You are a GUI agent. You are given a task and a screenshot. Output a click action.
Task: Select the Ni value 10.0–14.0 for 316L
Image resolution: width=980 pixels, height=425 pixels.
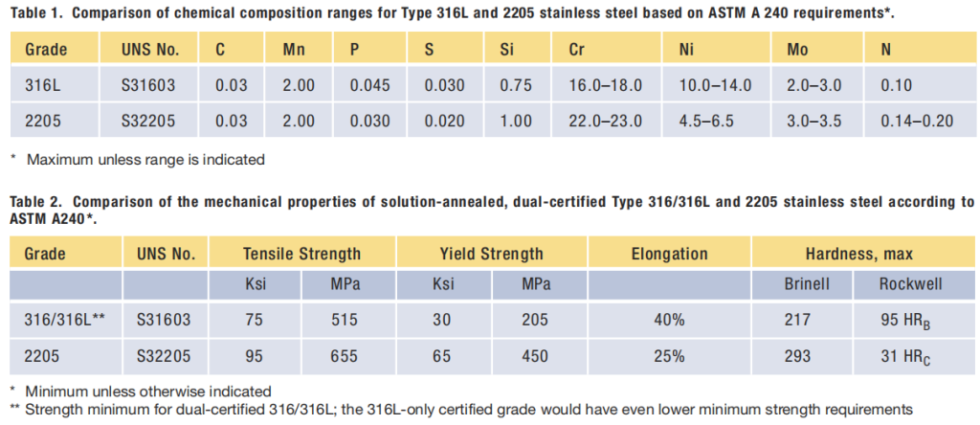715,85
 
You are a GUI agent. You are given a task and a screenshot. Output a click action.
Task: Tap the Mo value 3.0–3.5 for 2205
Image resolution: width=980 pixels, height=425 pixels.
813,122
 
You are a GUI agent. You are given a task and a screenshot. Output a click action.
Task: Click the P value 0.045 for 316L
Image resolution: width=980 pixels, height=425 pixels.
369,85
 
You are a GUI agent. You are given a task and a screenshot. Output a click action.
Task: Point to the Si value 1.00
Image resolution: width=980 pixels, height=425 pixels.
515,122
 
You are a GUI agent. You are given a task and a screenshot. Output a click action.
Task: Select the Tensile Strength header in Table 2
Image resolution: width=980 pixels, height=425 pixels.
301,255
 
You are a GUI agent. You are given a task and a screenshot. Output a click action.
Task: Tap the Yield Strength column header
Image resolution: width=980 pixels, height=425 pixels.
490,255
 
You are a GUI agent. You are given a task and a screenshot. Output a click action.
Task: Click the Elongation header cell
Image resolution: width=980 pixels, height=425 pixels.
669,255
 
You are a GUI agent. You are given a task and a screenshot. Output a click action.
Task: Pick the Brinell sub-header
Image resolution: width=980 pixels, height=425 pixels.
804,285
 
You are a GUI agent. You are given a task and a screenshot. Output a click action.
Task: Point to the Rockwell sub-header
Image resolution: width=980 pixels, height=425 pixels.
911,285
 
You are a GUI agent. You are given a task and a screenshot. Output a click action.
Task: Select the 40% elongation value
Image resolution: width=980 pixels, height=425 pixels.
669,321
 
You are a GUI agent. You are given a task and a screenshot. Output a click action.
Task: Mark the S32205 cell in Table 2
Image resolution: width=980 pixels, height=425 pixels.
165,356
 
